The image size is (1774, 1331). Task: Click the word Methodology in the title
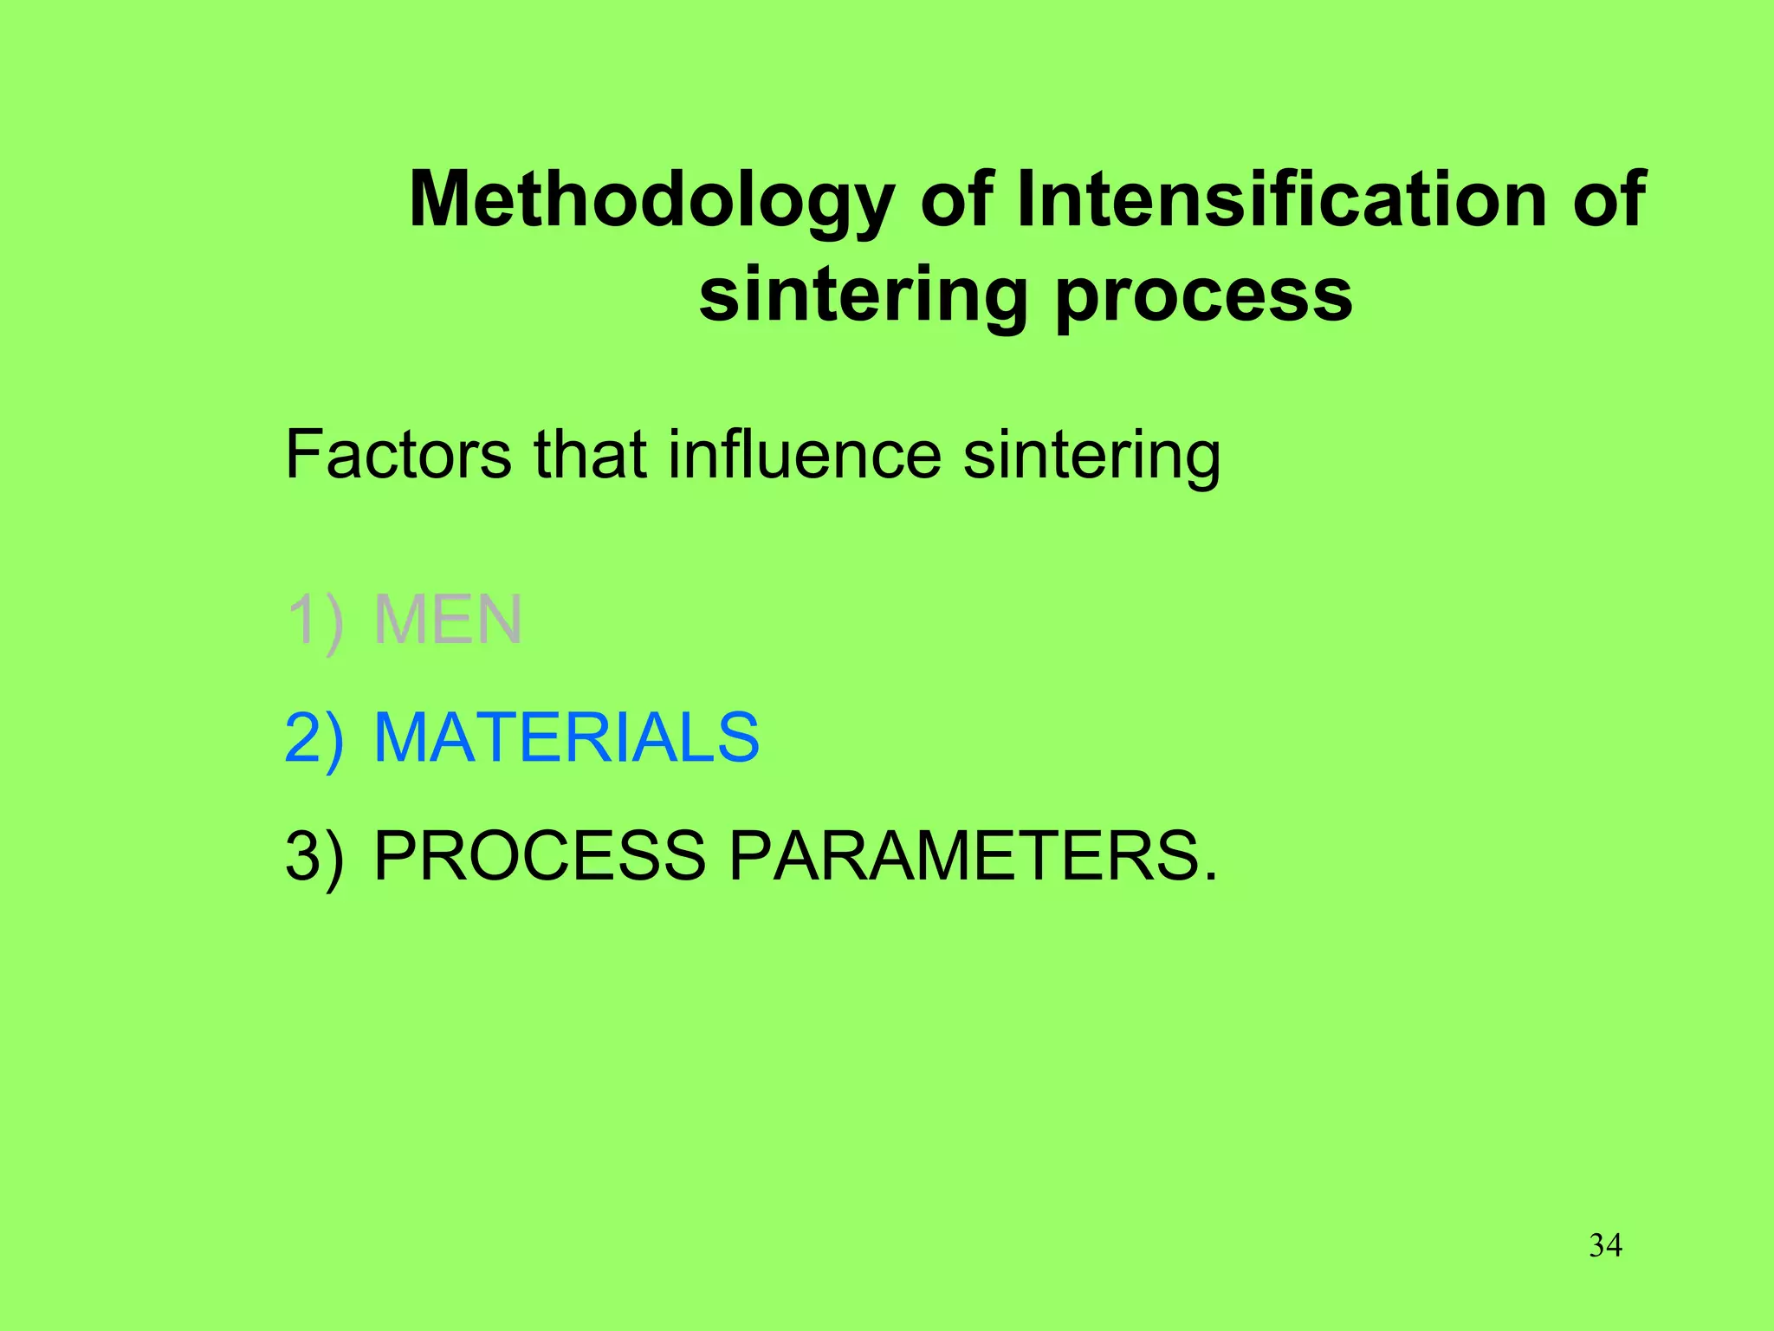tap(651, 201)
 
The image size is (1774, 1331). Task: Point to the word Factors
tap(398, 454)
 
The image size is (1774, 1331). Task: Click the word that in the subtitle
tap(590, 454)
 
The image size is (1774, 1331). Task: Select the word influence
tap(805, 454)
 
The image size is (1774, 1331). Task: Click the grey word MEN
tap(448, 620)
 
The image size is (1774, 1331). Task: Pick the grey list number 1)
tap(314, 620)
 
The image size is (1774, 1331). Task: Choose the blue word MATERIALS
tap(566, 738)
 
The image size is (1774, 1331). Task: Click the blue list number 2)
tap(314, 738)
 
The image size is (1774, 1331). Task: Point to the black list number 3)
tap(314, 856)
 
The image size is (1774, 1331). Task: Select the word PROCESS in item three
tap(539, 856)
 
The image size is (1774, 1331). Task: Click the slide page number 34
tap(1605, 1246)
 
